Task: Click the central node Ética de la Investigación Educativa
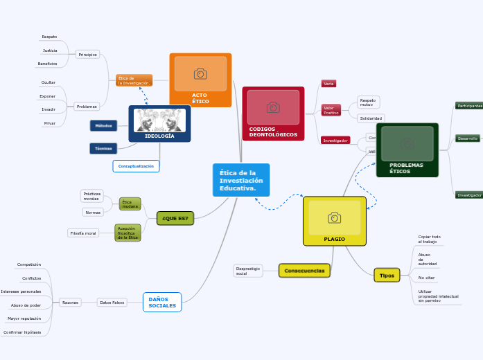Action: pos(240,181)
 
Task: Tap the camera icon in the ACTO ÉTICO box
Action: pos(200,73)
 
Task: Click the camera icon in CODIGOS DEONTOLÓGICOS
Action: pos(273,107)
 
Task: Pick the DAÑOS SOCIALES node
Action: pos(162,303)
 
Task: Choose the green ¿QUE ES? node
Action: pos(175,218)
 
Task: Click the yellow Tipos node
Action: pos(387,276)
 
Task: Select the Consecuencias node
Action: pos(304,271)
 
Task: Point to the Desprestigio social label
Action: pos(247,271)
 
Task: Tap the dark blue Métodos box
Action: pos(103,125)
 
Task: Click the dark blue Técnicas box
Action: pos(103,148)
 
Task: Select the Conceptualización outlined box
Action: pos(136,166)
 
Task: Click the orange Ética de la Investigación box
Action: pos(134,80)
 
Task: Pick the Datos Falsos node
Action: pos(112,303)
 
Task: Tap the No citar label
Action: pos(426,278)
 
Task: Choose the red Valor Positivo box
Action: pos(331,110)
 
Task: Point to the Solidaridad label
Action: pos(371,118)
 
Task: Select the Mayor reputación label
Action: pos(24,318)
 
